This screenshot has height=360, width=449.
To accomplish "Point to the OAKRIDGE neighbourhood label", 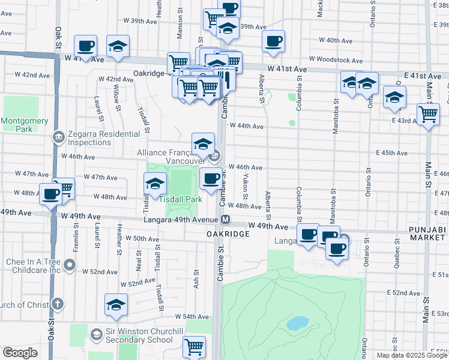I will point(228,233).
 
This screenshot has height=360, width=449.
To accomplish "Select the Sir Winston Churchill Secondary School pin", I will point(95,334).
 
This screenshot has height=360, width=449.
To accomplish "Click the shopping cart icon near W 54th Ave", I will point(194,346).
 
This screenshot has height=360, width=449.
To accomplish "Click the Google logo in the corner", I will point(20,353).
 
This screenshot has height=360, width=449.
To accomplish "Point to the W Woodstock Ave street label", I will point(336,60).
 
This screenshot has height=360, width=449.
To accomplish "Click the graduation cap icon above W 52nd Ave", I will point(116,304).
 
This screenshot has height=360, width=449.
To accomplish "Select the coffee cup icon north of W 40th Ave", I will point(273,41).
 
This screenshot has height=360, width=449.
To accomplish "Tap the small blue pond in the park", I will point(298,324).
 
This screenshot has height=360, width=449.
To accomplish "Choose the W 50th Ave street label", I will point(142,239).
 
